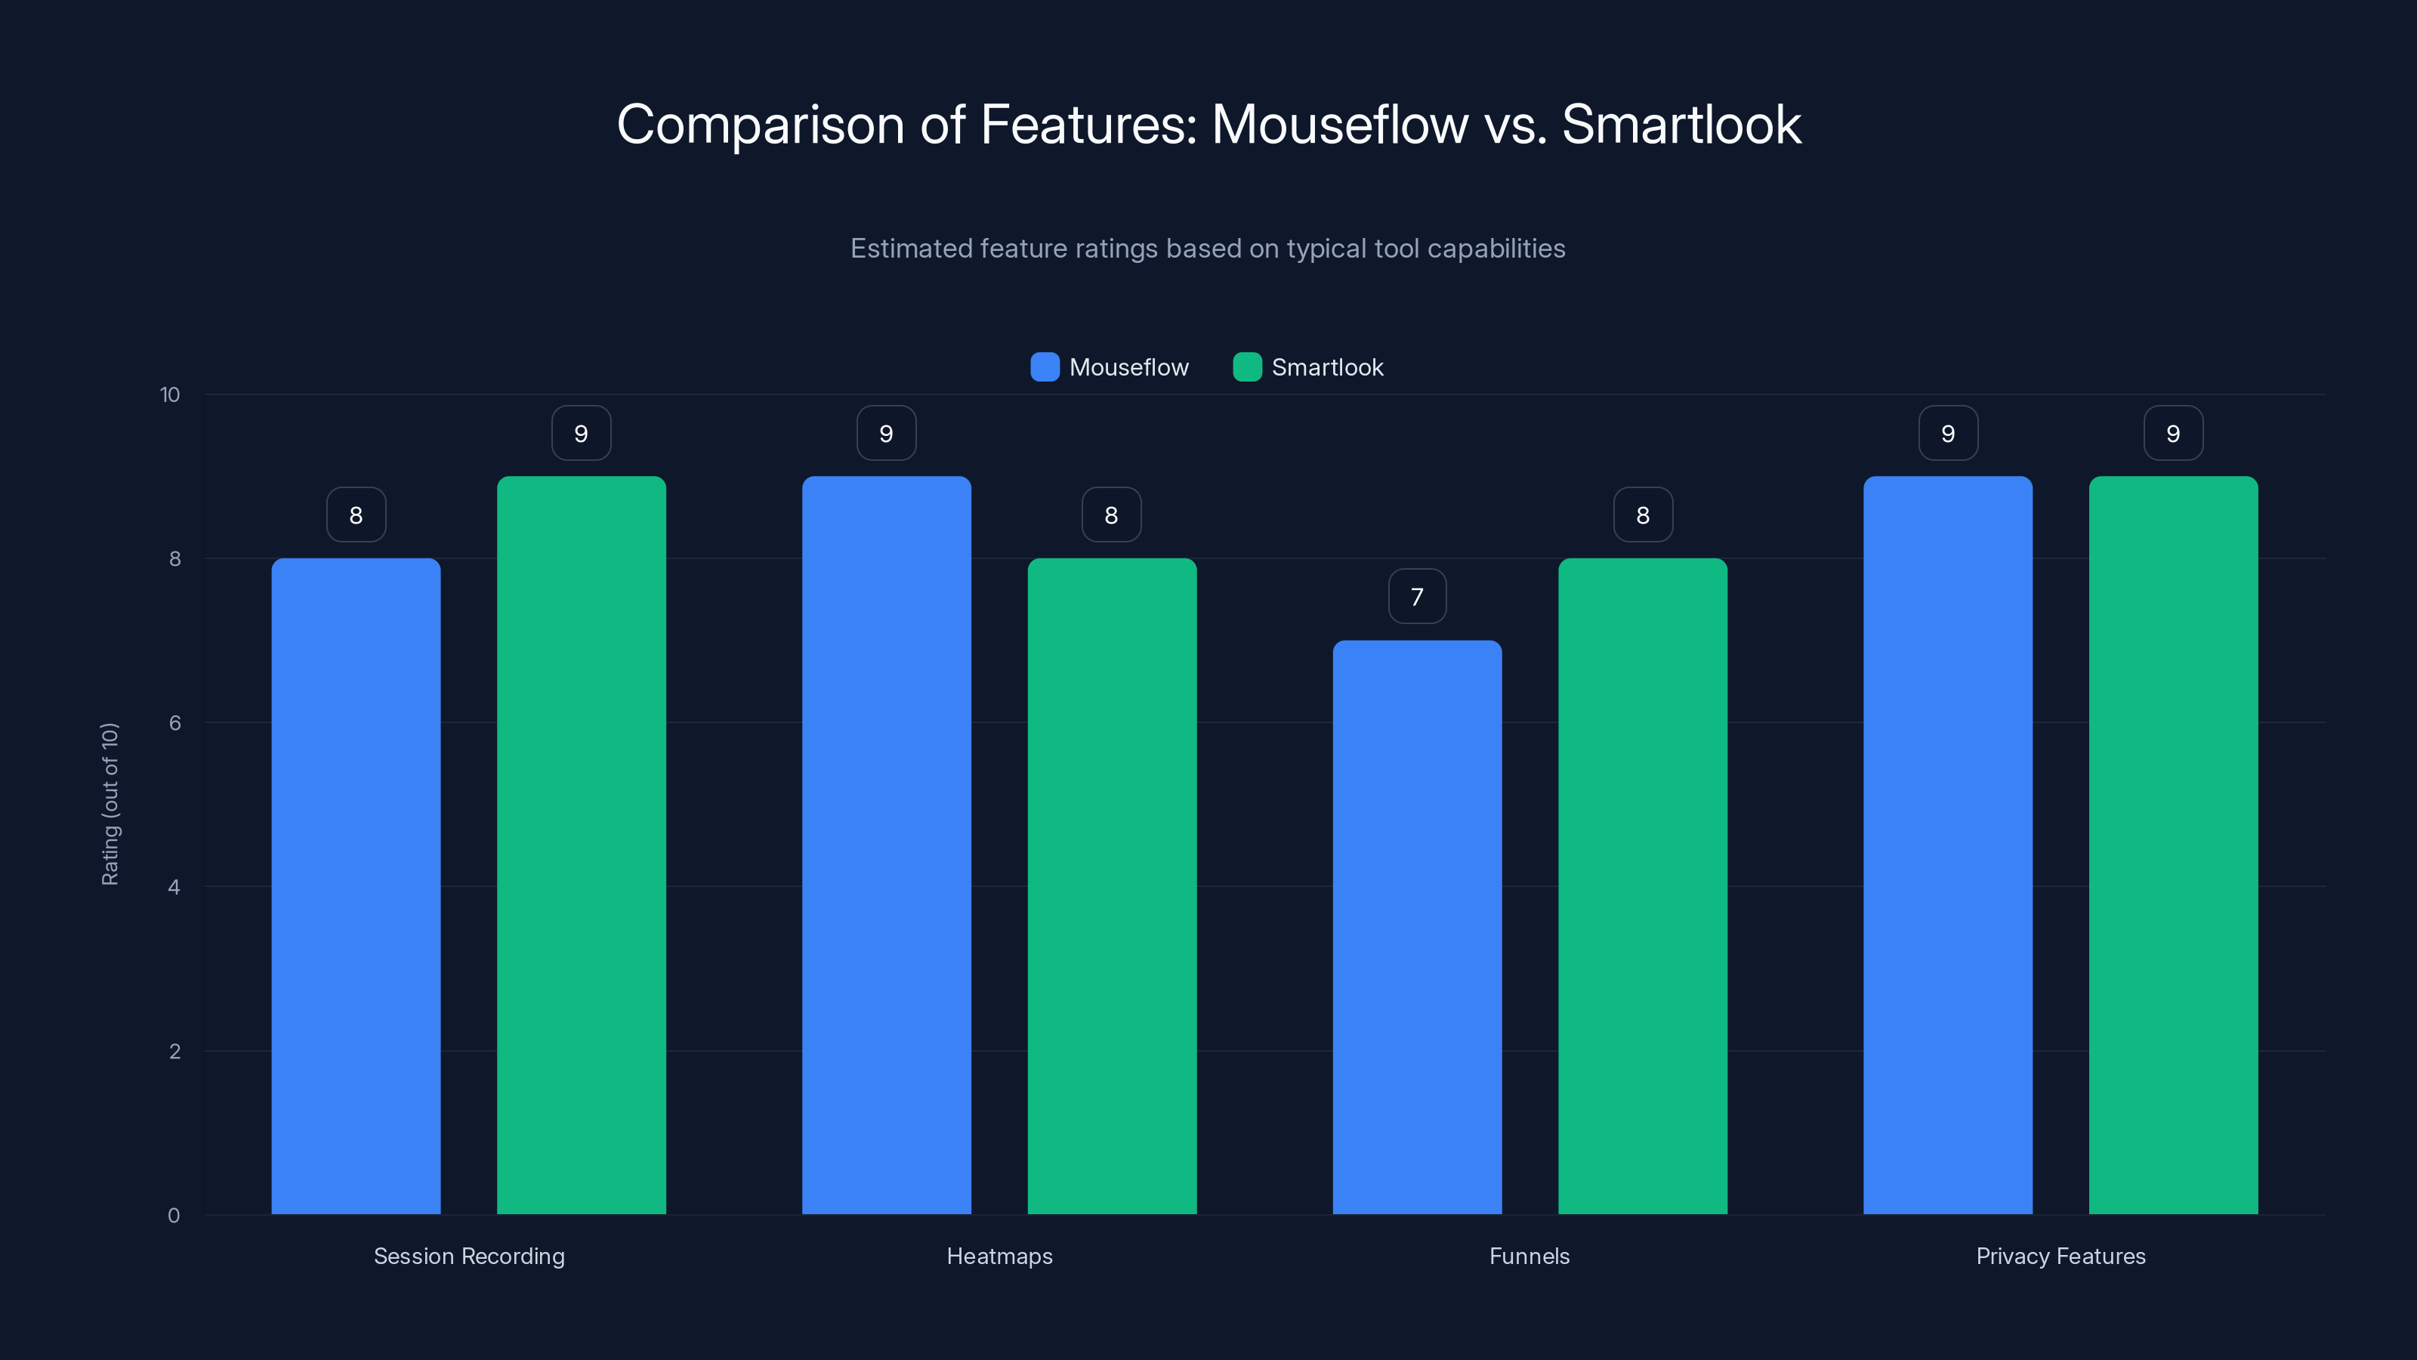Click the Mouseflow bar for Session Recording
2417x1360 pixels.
[356, 886]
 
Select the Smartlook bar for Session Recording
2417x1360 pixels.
[581, 845]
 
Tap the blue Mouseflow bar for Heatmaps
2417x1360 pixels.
[886, 845]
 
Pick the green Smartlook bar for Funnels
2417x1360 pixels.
[1642, 886]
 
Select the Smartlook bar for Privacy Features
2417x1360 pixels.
[2173, 845]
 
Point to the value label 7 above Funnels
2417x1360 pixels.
[1417, 597]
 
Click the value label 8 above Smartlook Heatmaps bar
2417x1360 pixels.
[1111, 515]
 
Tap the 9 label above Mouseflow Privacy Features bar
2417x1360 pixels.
[1948, 434]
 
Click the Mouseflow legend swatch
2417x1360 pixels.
[1045, 367]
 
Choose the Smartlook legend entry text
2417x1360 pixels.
[1327, 367]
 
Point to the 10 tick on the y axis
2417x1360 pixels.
[170, 394]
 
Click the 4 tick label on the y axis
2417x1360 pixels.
[174, 887]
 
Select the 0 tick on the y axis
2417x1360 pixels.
[174, 1216]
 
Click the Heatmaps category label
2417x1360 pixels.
[999, 1256]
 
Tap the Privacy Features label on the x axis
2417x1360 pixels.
[2060, 1256]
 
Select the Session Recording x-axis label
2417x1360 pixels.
[469, 1256]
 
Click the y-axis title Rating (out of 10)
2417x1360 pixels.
[110, 805]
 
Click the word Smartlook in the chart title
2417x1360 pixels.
[1681, 124]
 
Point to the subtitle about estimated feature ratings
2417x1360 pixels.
[1208, 248]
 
